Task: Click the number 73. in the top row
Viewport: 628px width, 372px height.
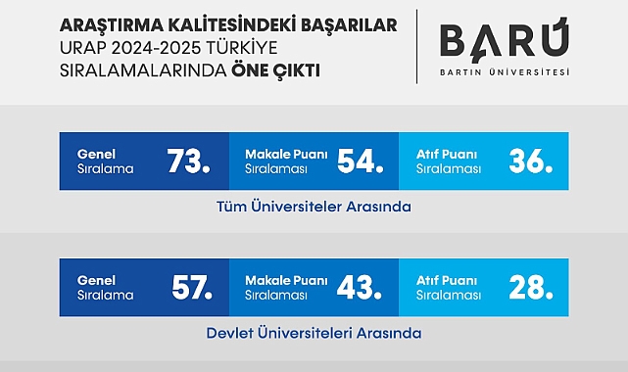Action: pos(188,162)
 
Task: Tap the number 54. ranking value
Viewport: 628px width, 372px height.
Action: pos(359,162)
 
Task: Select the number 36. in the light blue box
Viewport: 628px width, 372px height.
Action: pos(530,162)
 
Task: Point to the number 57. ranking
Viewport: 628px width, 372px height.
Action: pos(190,287)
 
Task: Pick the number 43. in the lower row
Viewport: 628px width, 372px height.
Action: pos(359,287)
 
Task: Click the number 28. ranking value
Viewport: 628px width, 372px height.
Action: pos(530,287)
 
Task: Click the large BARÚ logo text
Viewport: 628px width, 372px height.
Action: pos(504,42)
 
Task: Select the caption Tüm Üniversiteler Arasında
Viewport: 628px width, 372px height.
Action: pos(314,208)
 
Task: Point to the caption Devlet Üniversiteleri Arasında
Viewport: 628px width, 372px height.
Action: pos(314,333)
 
